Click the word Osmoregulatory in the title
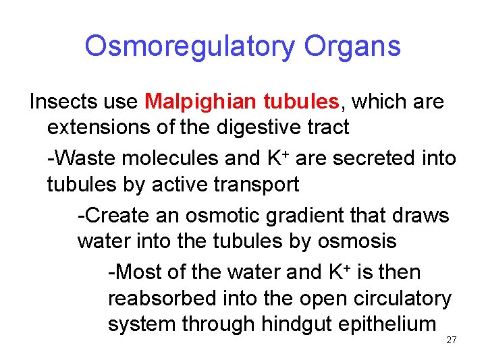(190, 47)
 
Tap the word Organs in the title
(352, 47)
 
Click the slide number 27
(452, 340)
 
